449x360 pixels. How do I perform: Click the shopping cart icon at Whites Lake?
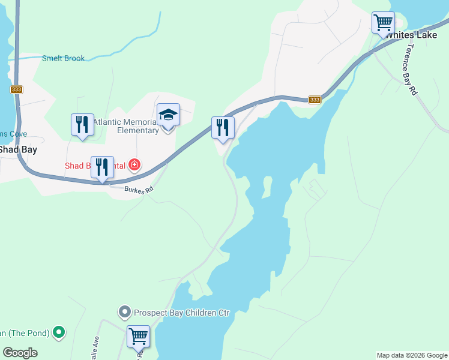383,23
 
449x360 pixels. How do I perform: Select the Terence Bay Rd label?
411,70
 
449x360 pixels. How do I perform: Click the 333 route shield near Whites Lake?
315,100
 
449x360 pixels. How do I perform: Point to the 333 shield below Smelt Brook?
16,89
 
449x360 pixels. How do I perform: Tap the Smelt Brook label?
63,58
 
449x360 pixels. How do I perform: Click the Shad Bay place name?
18,149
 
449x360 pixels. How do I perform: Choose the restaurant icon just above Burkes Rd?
102,168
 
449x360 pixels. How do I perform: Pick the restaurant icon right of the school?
223,128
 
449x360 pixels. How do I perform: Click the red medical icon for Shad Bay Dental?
134,164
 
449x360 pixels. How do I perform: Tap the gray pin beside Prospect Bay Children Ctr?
124,312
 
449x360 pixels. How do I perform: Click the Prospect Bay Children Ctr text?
181,313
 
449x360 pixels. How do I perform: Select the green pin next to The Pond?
59,331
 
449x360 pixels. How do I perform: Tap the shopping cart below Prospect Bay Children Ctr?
138,337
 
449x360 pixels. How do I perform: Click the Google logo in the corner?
20,353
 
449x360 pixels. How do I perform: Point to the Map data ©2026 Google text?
412,355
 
